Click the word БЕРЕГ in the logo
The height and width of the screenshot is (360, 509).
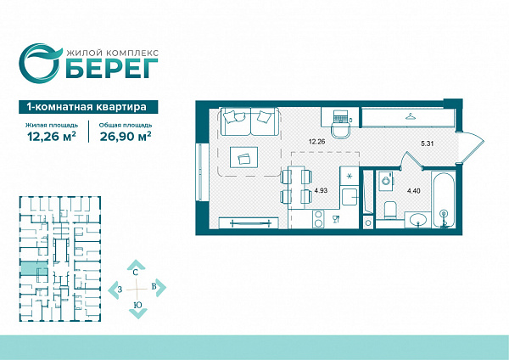tap(112, 69)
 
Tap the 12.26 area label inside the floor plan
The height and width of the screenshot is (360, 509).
tap(316, 142)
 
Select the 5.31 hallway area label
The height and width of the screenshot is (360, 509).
tap(428, 143)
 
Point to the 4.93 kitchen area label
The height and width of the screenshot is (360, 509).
tap(321, 190)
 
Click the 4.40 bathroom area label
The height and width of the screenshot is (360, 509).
tap(414, 191)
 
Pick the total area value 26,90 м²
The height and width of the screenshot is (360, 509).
tap(126, 136)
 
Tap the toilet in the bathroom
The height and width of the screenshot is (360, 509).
tap(390, 211)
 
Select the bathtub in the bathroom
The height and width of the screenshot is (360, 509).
tap(444, 200)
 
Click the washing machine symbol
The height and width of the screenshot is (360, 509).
tap(386, 181)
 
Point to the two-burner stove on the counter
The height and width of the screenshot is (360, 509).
tap(318, 219)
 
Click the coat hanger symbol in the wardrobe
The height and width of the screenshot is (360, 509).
tap(411, 116)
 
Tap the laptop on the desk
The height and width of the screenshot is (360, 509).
tap(340, 116)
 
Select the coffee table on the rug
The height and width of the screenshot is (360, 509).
tap(244, 158)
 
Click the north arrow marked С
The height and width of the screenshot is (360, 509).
tap(137, 267)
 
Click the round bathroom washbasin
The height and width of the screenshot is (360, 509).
tap(418, 220)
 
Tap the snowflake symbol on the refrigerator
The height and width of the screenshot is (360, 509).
tap(350, 177)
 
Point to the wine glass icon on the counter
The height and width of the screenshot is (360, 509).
tap(336, 220)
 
